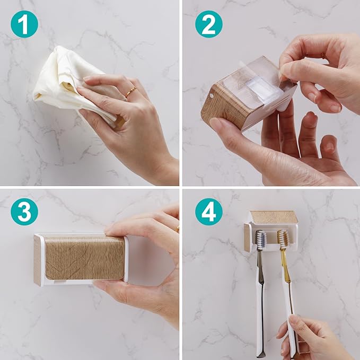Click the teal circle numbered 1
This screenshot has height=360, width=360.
pos(24,24)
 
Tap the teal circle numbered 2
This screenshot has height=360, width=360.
pos(209,24)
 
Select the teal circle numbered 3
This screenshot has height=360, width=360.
pos(24,212)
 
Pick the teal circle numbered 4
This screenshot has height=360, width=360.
pos(209,212)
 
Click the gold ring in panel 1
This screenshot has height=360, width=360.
pos(130,92)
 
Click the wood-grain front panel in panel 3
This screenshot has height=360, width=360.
pos(84,258)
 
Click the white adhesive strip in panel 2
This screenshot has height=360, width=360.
pos(270,89)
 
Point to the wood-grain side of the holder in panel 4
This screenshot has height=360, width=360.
pos(247,238)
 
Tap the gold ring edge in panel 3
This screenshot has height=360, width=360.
pos(178,229)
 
